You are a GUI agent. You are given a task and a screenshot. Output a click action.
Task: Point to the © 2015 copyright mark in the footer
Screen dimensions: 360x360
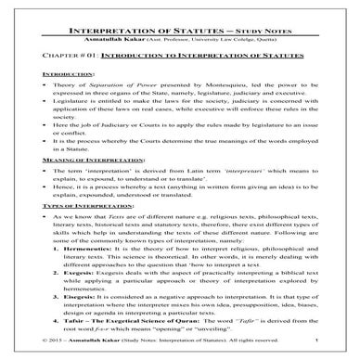point(36,354)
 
